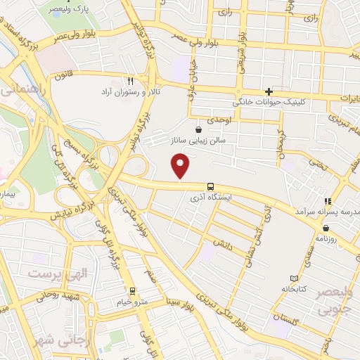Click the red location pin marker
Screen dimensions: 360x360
tap(181, 166)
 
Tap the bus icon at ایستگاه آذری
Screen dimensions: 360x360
tap(210, 187)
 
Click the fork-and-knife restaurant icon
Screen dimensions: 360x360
tap(129, 82)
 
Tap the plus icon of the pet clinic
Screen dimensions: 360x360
tap(269, 92)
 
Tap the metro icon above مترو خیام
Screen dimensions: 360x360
tap(131, 290)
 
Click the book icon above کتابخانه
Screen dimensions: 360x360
tap(294, 278)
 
